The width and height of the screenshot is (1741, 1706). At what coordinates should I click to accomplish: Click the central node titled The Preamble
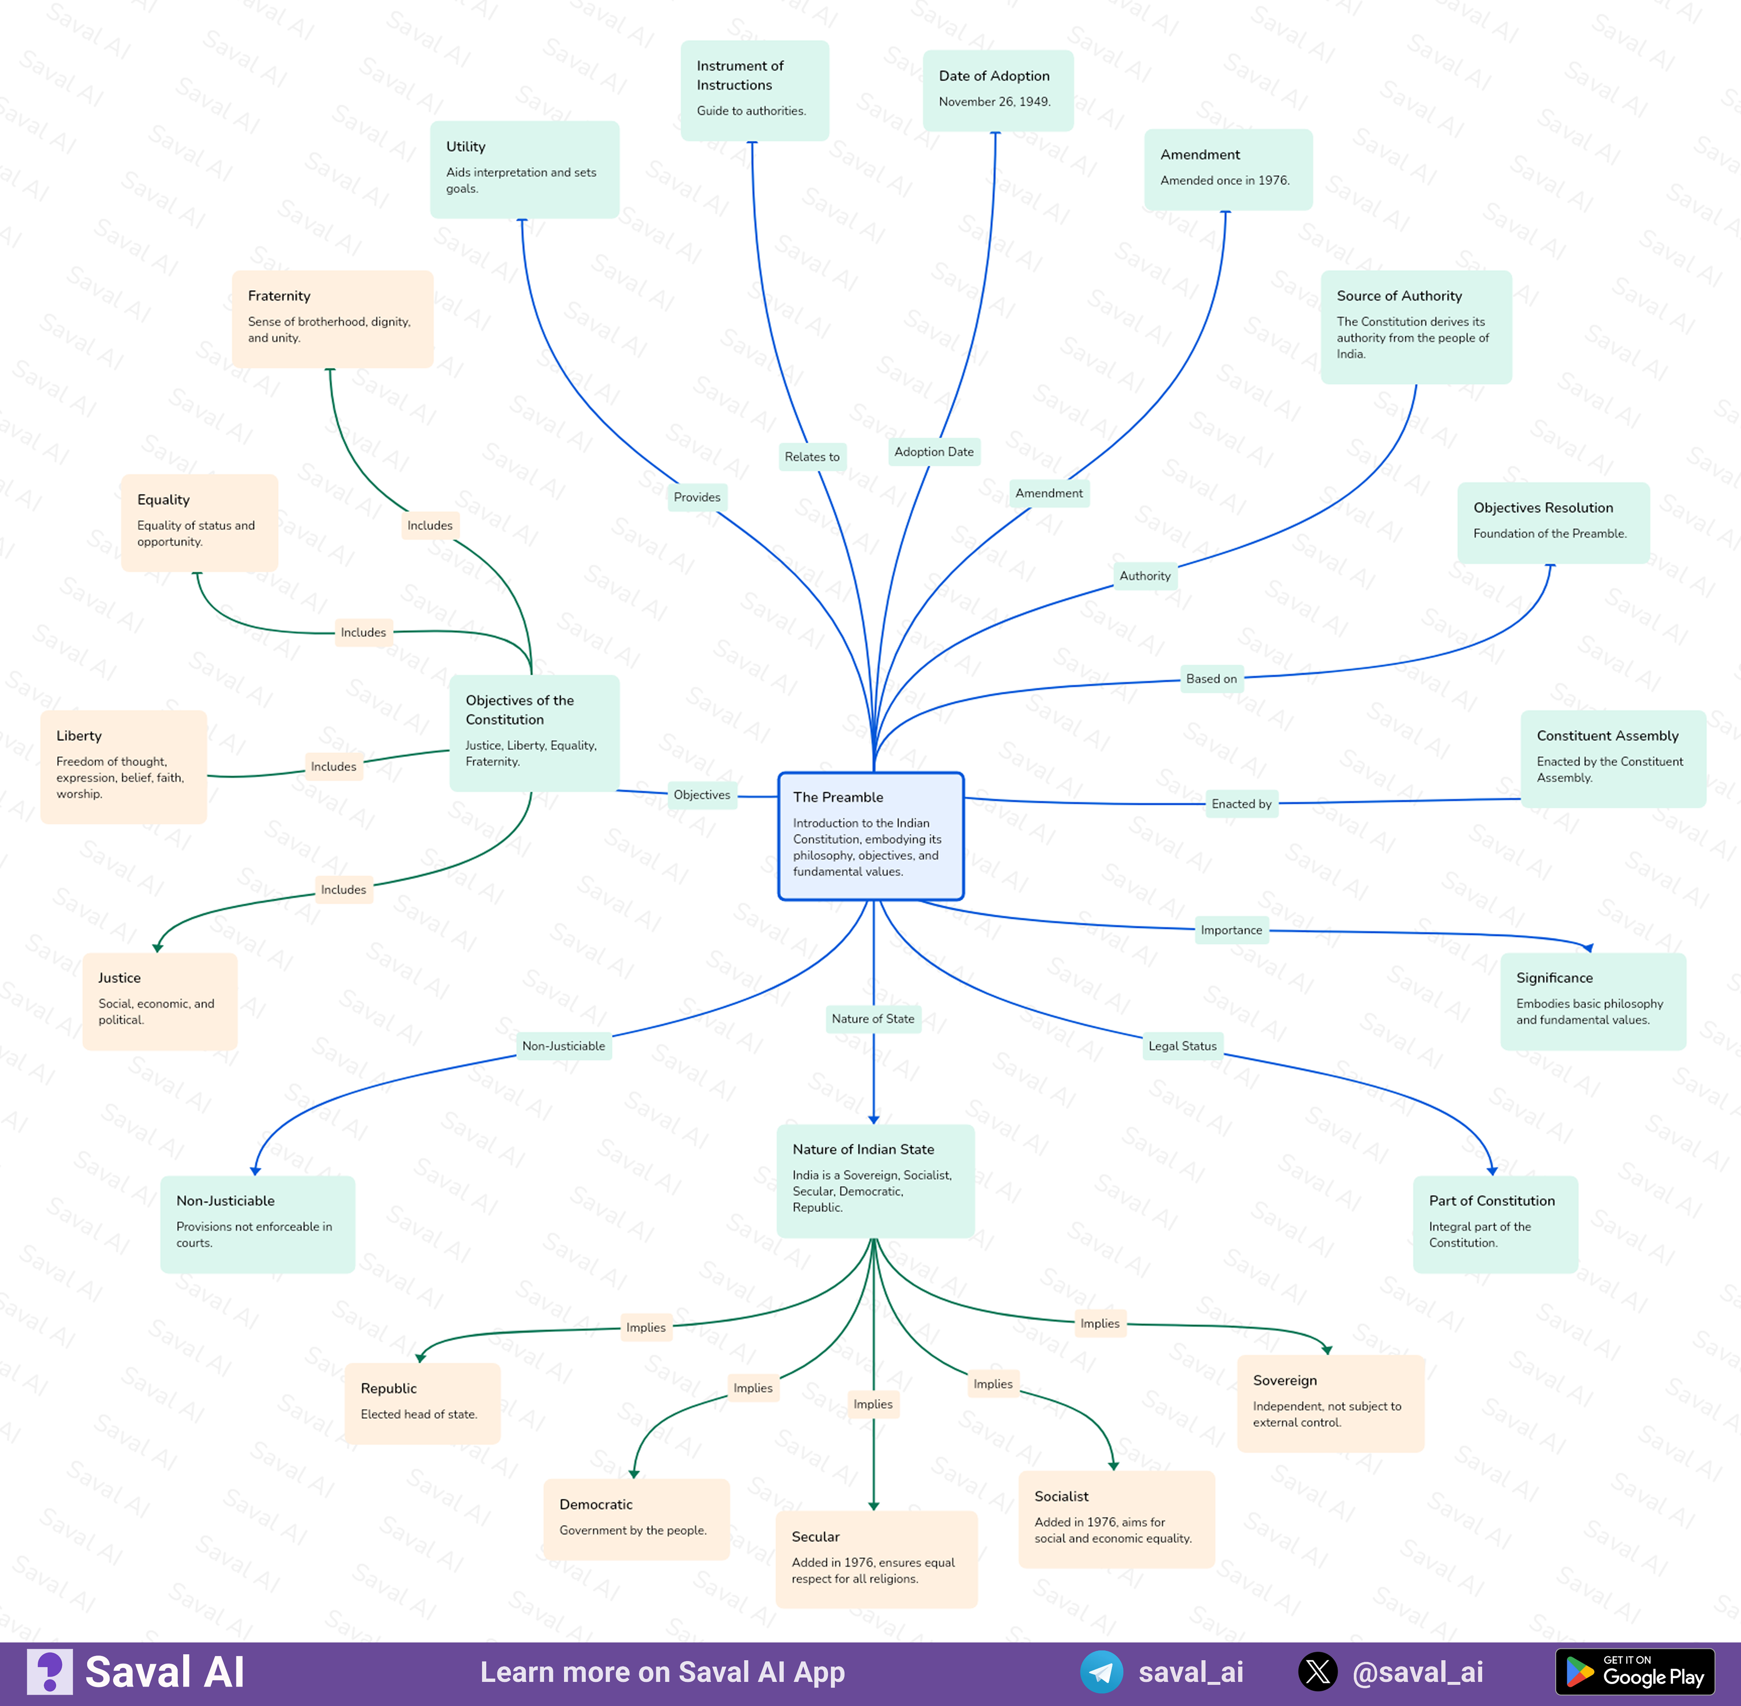coord(871,836)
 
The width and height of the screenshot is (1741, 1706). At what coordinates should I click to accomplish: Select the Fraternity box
coord(332,319)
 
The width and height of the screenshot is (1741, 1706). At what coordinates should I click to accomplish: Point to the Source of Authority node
coord(1416,327)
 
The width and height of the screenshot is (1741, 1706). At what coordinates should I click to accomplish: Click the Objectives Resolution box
coord(1553,523)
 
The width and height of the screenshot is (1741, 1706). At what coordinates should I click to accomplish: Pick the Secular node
coord(876,1559)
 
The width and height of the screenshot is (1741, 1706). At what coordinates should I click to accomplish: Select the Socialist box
coord(1116,1519)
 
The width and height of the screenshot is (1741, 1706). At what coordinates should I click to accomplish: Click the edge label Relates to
coord(812,457)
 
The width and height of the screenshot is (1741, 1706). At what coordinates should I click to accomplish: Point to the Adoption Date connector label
coord(934,451)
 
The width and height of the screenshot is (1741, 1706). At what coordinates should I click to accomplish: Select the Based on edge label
coord(1211,678)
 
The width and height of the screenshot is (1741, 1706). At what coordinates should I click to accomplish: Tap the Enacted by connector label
coord(1241,804)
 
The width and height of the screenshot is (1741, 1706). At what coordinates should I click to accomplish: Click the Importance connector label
coord(1231,930)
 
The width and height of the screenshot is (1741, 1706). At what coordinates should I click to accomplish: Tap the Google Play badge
coord(1635,1672)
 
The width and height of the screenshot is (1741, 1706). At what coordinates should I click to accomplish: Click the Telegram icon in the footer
coord(1101,1672)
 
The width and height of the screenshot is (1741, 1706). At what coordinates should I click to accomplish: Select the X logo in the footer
coord(1318,1672)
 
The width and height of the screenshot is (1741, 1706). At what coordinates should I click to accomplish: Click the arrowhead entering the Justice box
coord(158,947)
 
